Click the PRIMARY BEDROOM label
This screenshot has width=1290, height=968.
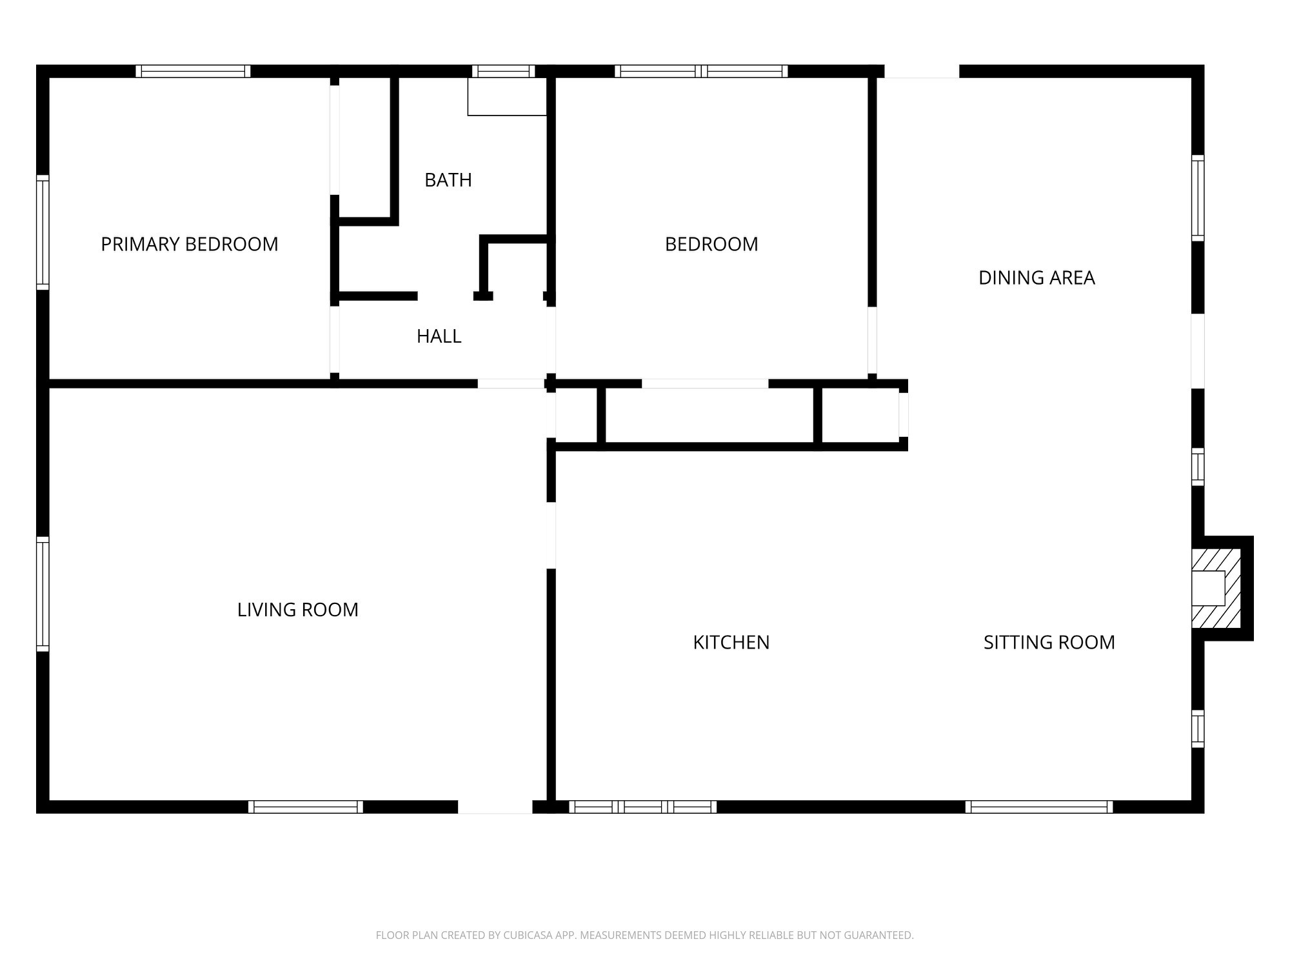pyautogui.click(x=189, y=244)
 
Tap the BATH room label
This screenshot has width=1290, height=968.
pyautogui.click(x=448, y=180)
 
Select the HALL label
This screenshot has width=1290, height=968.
pyautogui.click(x=439, y=336)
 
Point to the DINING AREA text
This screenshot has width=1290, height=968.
pyautogui.click(x=1036, y=277)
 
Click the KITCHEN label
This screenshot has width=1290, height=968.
pyautogui.click(x=731, y=642)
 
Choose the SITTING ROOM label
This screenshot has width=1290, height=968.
pyautogui.click(x=1049, y=642)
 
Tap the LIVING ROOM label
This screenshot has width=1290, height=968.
pyautogui.click(x=297, y=610)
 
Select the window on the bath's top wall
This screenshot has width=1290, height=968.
pyautogui.click(x=503, y=71)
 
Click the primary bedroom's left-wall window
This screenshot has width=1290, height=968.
pyautogui.click(x=43, y=232)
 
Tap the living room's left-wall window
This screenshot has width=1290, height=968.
pyautogui.click(x=43, y=594)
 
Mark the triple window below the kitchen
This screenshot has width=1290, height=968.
pyautogui.click(x=642, y=807)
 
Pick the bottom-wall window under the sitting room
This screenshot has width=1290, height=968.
pyautogui.click(x=1038, y=807)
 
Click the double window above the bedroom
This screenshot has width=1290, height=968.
pyautogui.click(x=701, y=71)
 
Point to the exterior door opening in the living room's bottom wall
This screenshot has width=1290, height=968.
pyautogui.click(x=495, y=807)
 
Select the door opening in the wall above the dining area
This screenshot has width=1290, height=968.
pyautogui.click(x=921, y=71)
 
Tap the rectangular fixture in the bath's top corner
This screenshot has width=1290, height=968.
pyautogui.click(x=507, y=97)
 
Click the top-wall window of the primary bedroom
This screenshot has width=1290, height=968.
pyautogui.click(x=193, y=71)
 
